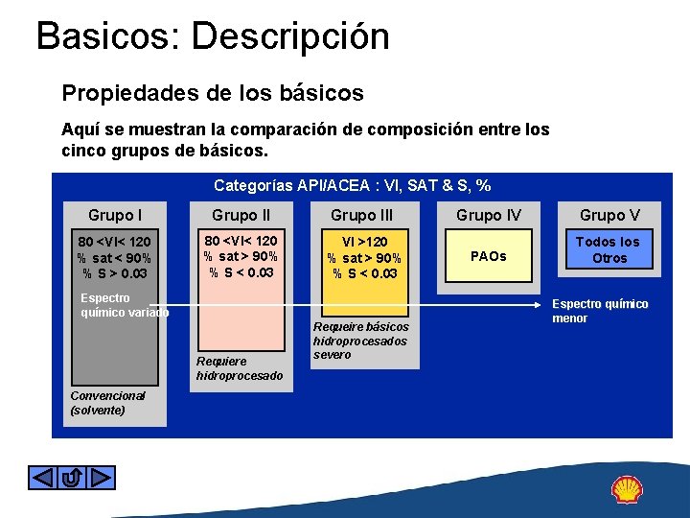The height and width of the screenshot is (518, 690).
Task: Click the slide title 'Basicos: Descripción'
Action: point(213,37)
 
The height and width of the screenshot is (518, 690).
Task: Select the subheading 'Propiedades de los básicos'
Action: point(213,93)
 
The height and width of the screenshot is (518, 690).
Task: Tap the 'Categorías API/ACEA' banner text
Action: point(353,185)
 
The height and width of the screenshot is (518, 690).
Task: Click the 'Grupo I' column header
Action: point(114,215)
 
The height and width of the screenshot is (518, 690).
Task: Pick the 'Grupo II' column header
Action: point(240,215)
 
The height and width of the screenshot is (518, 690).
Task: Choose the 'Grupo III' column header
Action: point(361,215)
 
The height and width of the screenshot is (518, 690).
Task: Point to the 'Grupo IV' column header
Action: point(489,215)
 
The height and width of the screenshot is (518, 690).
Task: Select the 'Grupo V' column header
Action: point(609,215)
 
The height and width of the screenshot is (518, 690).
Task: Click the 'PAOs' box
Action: point(489,256)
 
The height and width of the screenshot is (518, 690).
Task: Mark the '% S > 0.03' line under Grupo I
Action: point(114,273)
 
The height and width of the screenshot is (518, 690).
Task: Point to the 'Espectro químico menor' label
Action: point(600,311)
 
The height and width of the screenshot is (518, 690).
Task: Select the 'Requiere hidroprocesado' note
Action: point(239,368)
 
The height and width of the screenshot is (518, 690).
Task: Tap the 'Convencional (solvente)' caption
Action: point(107,402)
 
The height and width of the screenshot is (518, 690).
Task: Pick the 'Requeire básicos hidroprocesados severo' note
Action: point(360,341)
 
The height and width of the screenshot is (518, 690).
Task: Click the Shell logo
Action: point(628,489)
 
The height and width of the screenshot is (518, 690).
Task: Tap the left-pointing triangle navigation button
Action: point(44,478)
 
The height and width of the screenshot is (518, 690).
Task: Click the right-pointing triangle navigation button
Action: point(100,478)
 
